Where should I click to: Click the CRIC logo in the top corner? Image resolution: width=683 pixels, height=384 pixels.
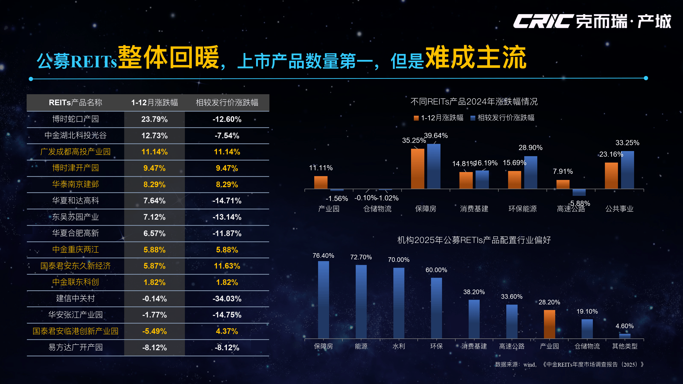(592, 21)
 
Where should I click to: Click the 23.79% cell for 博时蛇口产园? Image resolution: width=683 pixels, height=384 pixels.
(154, 119)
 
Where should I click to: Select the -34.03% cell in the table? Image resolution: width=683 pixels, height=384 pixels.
(227, 299)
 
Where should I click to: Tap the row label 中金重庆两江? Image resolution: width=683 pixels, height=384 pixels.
(76, 250)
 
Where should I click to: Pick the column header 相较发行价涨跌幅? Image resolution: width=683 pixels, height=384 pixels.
(227, 103)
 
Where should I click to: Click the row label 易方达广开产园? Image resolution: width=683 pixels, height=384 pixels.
(76, 347)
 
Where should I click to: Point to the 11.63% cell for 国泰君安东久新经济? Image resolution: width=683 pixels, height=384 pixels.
(227, 266)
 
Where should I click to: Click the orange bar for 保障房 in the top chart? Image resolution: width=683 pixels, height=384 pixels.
(417, 169)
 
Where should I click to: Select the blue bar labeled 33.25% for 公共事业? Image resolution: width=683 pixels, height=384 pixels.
(627, 170)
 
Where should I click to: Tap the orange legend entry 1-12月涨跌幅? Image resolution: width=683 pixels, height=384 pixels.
(439, 118)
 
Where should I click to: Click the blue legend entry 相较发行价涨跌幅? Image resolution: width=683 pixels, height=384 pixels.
(503, 118)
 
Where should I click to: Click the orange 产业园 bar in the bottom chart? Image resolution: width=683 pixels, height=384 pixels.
(549, 324)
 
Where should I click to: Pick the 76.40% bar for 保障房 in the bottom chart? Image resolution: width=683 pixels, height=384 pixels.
(323, 300)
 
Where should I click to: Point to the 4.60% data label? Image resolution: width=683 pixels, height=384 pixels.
(624, 326)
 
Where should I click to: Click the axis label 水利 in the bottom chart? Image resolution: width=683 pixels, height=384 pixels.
(398, 346)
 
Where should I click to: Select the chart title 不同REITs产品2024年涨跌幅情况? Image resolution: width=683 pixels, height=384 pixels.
(474, 101)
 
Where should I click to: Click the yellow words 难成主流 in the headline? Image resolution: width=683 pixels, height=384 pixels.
(476, 58)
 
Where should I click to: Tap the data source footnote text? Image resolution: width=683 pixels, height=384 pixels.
(569, 364)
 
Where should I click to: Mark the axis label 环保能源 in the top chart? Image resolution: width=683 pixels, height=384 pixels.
(522, 209)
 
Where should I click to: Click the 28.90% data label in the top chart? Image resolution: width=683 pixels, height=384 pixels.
(530, 148)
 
